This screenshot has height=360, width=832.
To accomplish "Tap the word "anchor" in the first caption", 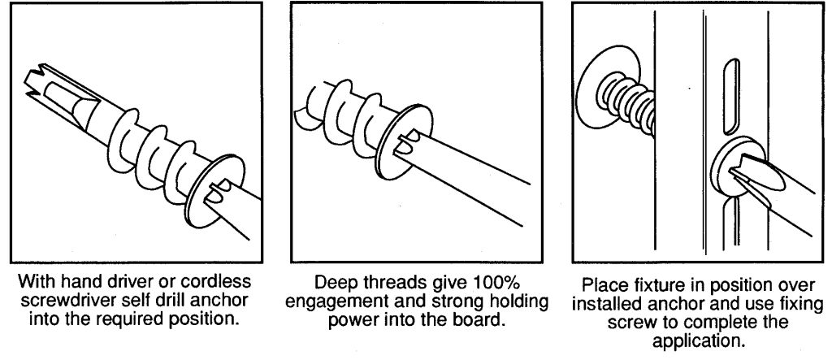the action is pos(219,300).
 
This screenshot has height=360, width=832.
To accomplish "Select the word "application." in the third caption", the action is pos(698,340).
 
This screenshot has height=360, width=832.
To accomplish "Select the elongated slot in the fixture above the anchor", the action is pos(731,96).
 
